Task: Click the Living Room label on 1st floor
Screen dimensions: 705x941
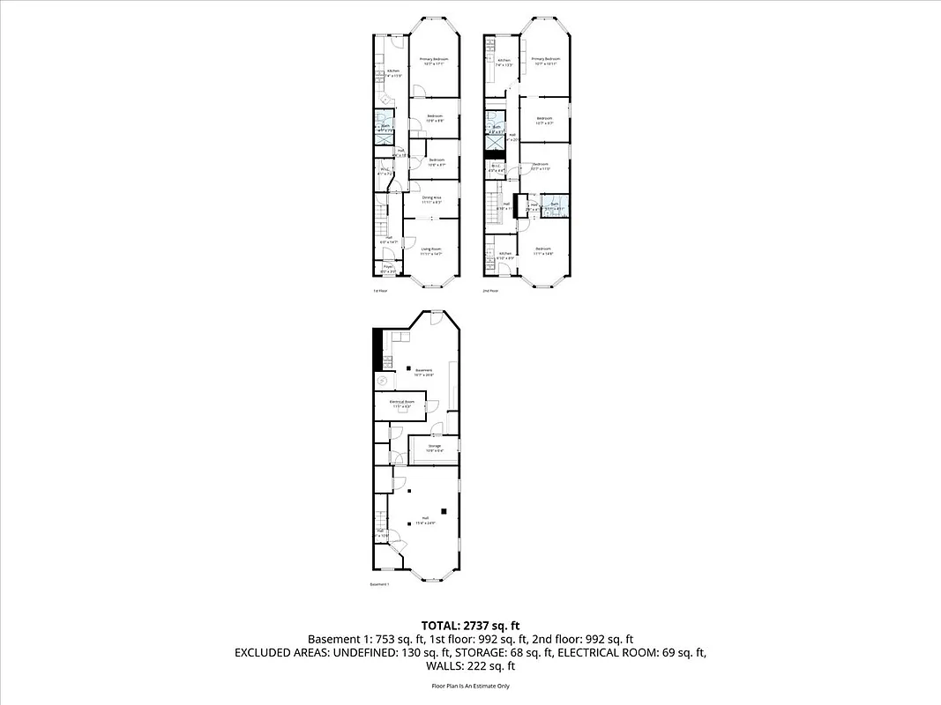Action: click(430, 250)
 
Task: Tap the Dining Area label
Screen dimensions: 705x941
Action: click(431, 197)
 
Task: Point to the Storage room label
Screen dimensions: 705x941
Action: click(435, 446)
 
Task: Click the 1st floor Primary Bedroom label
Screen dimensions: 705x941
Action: click(434, 59)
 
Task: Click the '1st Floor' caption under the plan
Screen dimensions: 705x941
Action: click(380, 290)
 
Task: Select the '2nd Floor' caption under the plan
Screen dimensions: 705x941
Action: click(490, 290)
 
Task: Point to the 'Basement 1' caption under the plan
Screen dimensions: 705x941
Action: click(380, 584)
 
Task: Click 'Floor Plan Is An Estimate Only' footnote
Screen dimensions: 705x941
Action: click(470, 686)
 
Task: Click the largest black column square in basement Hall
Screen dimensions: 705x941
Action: click(444, 510)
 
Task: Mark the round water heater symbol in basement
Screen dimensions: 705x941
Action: click(382, 382)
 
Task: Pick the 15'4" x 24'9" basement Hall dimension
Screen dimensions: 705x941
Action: click(425, 523)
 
